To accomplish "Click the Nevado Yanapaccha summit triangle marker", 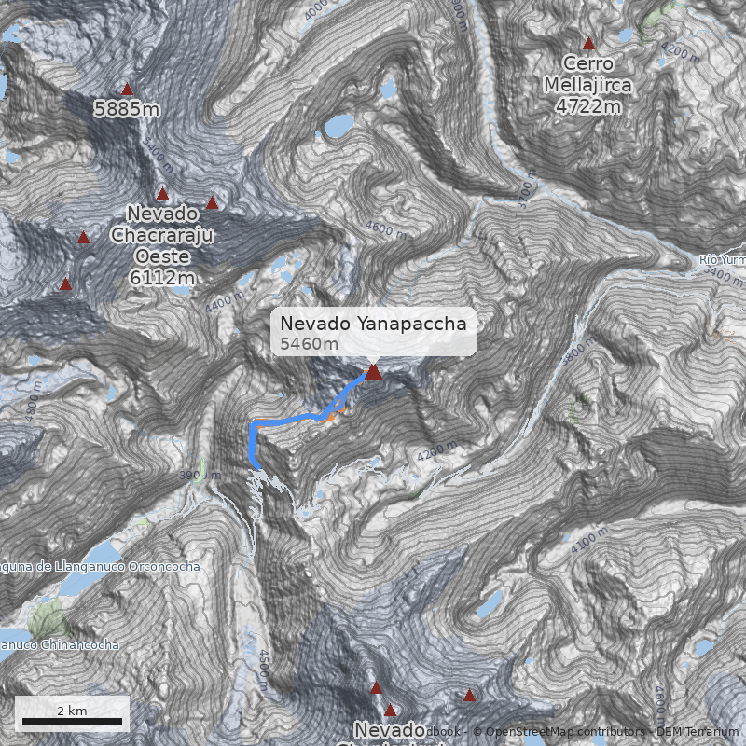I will point(374,372).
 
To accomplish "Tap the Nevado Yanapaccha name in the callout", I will point(373,324).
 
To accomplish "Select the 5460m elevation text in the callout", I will point(310,344).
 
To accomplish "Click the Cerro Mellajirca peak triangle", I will point(588,44).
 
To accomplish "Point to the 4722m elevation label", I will point(587,106).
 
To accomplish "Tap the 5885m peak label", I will point(127,109).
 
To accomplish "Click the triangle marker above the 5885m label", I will point(128,90).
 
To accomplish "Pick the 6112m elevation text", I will point(163,277).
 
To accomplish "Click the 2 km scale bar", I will point(72,721).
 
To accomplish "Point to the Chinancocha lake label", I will point(61,644).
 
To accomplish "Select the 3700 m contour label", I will point(527,194).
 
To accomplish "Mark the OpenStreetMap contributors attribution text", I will point(559,732).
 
